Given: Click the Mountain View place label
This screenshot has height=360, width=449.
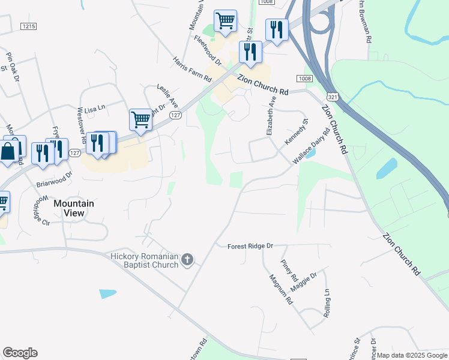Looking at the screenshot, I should tap(74, 208).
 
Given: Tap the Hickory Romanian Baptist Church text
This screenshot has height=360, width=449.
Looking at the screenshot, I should tap(145, 260).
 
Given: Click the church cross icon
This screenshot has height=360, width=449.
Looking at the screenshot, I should tap(187, 259).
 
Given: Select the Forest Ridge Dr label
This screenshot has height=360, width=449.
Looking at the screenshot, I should tap(250, 246).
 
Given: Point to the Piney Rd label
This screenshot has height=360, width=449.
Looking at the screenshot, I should tap(289, 271).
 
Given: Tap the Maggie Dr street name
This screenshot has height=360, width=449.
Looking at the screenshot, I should tap(304, 282).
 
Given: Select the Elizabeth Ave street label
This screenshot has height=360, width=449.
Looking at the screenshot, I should tap(270, 115).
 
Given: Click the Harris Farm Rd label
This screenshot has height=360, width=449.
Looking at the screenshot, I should tap(192, 70).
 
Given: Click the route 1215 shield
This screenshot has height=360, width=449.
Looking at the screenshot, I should tap(28, 26).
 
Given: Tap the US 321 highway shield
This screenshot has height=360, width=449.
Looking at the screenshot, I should tap(332, 96).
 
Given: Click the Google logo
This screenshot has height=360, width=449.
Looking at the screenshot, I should tap(20, 353).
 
